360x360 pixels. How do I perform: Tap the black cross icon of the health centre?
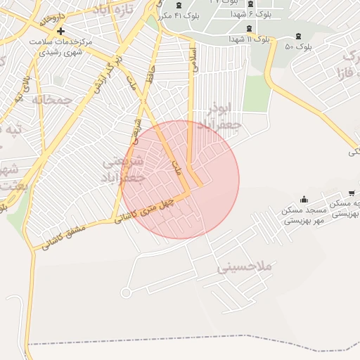tap(61, 31)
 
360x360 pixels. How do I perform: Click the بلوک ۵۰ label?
tap(299, 47)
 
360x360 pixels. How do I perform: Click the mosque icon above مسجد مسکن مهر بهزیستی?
tap(304, 199)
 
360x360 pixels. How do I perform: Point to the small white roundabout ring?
tap(127, 292)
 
